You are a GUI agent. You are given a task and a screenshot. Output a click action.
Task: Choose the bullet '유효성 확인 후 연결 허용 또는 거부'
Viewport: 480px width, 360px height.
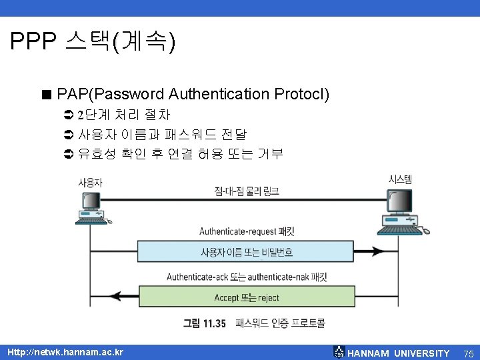pyautogui.click(x=180, y=153)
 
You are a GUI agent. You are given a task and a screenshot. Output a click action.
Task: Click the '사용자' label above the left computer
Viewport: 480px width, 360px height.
pyautogui.click(x=90, y=182)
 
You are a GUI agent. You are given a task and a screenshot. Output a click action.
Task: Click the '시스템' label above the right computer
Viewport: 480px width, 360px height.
pyautogui.click(x=400, y=179)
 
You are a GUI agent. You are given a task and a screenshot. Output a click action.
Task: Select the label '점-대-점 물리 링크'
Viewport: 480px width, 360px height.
pyautogui.click(x=247, y=191)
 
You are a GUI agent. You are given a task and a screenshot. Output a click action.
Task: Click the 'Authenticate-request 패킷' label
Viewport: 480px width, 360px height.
pyautogui.click(x=247, y=231)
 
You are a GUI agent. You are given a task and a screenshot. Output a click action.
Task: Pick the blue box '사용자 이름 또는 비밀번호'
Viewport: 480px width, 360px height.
pyautogui.click(x=247, y=252)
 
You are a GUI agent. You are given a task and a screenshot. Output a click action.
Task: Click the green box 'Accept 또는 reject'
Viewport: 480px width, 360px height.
pyautogui.click(x=247, y=297)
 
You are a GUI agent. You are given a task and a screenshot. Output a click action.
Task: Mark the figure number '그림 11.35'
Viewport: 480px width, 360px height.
pyautogui.click(x=205, y=323)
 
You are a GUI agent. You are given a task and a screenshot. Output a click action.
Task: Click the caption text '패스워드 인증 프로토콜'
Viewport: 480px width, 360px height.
pyautogui.click(x=280, y=323)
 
